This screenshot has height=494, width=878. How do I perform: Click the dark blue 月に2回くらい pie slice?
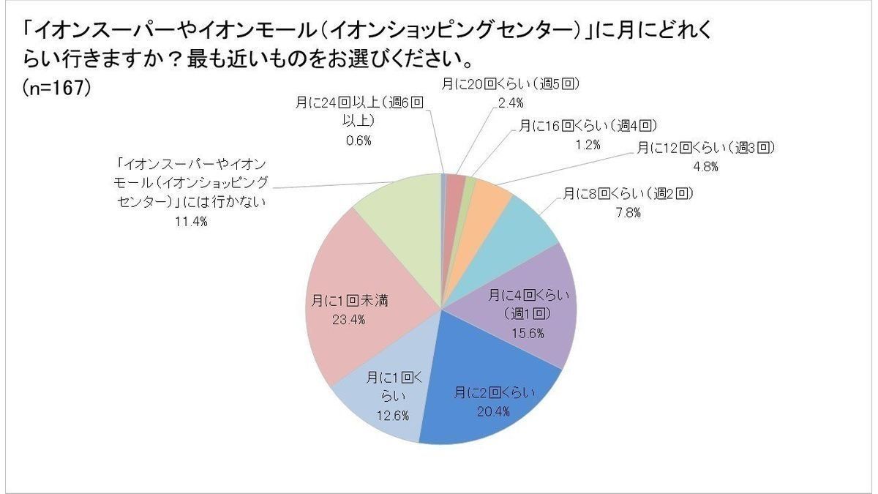498,388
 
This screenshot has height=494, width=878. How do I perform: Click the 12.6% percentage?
394,415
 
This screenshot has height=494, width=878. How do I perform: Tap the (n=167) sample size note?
56,86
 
